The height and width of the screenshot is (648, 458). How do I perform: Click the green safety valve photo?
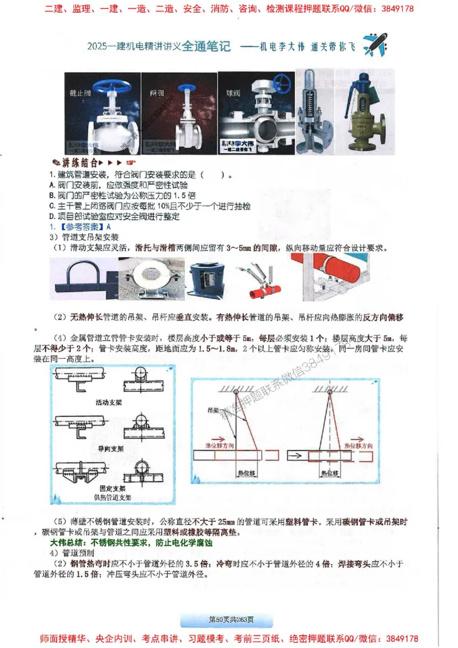[x=362, y=112]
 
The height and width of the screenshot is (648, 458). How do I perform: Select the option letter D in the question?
[x=52, y=217]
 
